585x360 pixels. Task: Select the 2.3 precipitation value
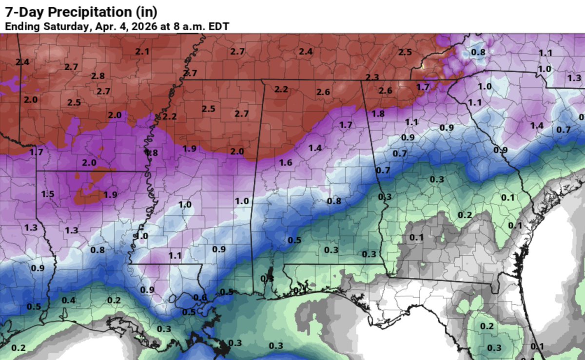(x=372, y=77)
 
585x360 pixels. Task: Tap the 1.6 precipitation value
(x=286, y=163)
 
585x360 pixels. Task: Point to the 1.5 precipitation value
(x=48, y=194)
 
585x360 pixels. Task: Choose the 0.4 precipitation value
(x=68, y=300)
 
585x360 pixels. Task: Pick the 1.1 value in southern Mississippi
(x=175, y=255)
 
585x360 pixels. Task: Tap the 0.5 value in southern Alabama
(x=294, y=240)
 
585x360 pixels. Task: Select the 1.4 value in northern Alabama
(x=314, y=148)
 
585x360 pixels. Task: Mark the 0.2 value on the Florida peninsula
(x=487, y=326)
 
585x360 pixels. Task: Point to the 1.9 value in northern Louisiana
(x=110, y=195)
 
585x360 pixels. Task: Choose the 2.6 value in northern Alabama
(x=323, y=92)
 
